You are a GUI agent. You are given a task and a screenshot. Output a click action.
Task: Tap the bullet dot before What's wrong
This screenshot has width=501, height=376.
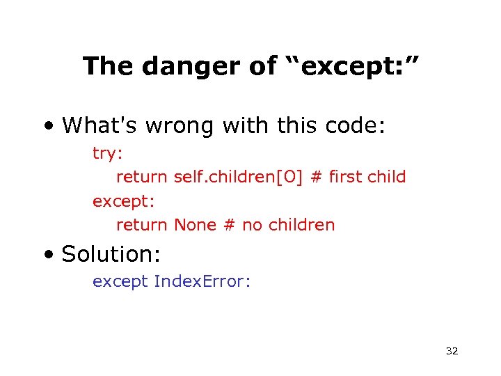coord(47,126)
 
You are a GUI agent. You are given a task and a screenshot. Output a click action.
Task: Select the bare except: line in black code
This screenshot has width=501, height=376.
coord(124,201)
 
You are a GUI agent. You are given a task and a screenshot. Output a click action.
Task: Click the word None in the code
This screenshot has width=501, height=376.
coord(195,225)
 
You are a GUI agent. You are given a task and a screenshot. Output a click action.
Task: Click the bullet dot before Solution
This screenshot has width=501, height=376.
coord(47,255)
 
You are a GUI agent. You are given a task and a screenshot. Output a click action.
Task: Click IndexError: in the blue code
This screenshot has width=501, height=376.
coord(202,281)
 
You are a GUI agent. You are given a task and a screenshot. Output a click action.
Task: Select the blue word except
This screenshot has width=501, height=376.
coord(120,281)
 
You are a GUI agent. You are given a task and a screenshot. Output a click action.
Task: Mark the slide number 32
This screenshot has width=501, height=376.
coord(452,351)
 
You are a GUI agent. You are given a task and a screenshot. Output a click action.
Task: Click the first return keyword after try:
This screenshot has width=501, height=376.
coord(141,177)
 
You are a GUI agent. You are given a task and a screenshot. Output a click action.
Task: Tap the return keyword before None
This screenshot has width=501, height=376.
coord(141,225)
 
